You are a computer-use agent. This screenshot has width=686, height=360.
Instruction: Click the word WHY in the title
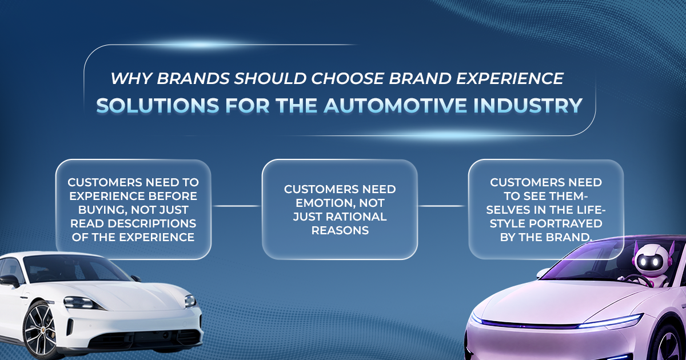[x=131, y=78]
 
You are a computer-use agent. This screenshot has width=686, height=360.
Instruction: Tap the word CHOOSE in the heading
[x=348, y=78]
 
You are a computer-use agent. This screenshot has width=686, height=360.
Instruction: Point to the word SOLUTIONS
[x=158, y=106]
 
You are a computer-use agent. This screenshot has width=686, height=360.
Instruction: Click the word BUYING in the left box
[x=103, y=210]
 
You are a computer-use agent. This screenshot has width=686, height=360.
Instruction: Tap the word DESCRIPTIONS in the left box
[x=151, y=223]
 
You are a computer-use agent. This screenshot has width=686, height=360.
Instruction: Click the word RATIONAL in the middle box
[x=356, y=217]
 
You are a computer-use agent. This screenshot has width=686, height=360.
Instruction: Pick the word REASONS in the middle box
[x=340, y=230]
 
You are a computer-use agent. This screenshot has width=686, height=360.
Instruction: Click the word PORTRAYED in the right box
[x=565, y=223]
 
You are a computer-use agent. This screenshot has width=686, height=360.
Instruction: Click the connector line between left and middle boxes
[x=237, y=206]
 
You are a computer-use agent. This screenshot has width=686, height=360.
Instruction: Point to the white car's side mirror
[x=9, y=281]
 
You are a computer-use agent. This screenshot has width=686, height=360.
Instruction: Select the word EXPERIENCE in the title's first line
[x=510, y=78]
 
